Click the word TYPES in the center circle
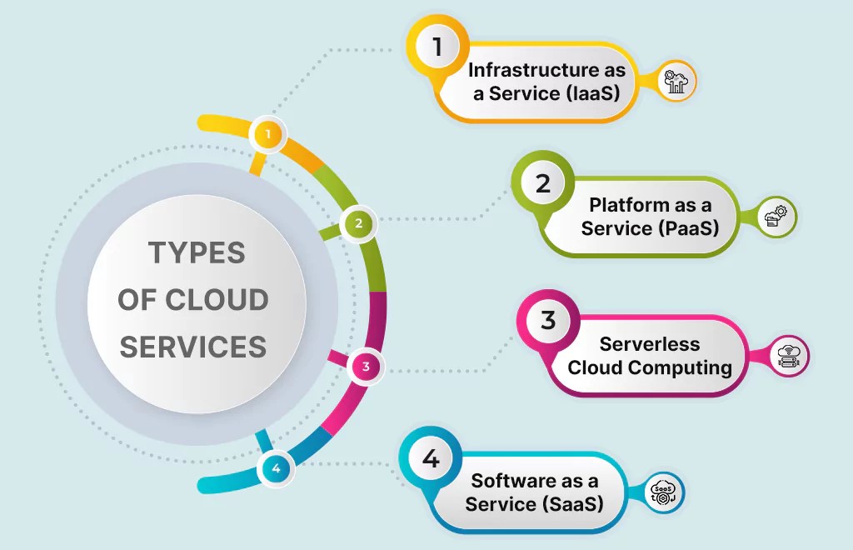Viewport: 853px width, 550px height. click(197, 252)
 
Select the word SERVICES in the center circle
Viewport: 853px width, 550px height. click(193, 346)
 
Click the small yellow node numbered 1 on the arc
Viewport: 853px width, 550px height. click(267, 133)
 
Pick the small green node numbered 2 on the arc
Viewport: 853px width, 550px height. click(359, 223)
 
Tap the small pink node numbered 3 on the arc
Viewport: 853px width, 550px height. click(365, 366)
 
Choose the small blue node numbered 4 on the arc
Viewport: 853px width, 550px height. click(276, 468)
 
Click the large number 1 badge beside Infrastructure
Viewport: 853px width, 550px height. click(436, 47)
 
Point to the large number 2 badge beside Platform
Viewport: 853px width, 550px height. click(543, 183)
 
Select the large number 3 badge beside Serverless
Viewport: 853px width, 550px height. click(547, 321)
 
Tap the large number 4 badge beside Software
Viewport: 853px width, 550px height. click(430, 458)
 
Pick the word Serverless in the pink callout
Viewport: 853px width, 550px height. click(650, 344)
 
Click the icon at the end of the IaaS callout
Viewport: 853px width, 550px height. click(676, 82)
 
